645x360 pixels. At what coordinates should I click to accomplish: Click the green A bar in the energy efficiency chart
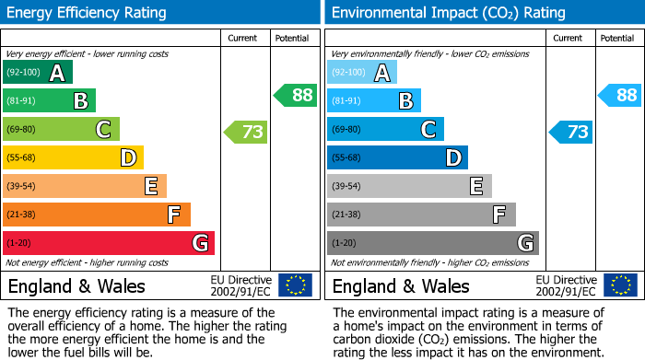[x=38, y=73]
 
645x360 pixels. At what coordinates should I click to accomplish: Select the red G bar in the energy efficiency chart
[x=109, y=243]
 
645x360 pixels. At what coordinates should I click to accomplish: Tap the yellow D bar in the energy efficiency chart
[x=74, y=157]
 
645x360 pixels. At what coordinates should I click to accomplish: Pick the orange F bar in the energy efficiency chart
[x=97, y=215]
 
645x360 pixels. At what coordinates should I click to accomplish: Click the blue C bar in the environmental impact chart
[x=385, y=130]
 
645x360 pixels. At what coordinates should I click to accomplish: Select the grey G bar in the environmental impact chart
[x=433, y=243]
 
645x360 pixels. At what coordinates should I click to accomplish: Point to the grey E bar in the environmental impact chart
[x=409, y=186]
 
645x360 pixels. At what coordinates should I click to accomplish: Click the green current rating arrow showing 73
[x=246, y=132]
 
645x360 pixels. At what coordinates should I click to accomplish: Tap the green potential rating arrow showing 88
[x=295, y=95]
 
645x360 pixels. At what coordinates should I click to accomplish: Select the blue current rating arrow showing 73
[x=570, y=132]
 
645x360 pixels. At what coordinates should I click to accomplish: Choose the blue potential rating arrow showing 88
[x=619, y=95]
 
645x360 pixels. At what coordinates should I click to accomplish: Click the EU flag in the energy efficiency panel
[x=295, y=285]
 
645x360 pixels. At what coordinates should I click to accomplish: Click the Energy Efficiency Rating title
[x=87, y=13]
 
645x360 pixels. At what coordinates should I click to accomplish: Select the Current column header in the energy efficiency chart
[x=244, y=38]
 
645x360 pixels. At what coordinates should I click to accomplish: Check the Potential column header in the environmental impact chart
[x=617, y=38]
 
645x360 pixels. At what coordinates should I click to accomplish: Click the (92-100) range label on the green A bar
[x=23, y=73]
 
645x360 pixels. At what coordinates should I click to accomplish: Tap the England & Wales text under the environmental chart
[x=401, y=286]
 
